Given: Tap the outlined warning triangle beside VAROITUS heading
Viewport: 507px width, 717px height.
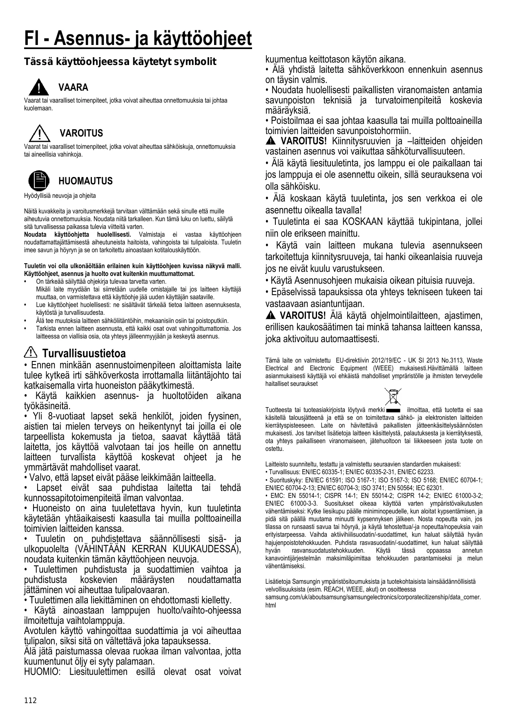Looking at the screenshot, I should (39, 133).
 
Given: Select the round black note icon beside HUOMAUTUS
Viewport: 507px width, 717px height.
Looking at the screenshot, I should (38, 181).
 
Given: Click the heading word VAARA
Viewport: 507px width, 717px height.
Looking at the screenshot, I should (73, 87).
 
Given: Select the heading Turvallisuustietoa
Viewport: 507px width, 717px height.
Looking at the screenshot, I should (84, 353).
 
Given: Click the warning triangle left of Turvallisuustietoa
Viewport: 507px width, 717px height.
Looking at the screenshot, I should (31, 352).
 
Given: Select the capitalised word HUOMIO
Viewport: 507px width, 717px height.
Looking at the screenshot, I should (42, 672).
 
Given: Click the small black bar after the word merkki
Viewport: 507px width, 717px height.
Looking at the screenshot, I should (393, 410).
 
